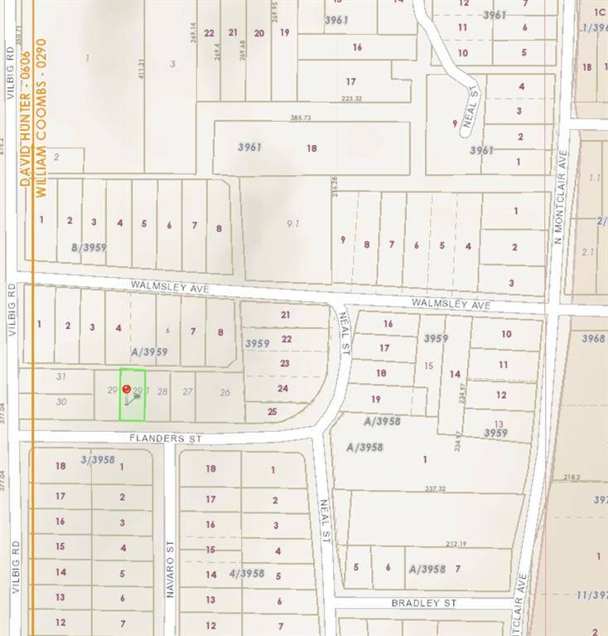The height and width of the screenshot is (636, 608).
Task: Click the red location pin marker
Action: [x=126, y=389]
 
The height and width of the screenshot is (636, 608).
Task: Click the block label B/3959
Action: [x=89, y=247]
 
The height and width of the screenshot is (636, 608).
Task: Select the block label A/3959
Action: [x=148, y=352]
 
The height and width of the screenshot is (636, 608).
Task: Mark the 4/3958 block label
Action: [x=246, y=573]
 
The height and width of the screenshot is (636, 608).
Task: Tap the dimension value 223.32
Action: [x=351, y=99]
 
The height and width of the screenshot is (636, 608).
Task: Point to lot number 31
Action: [x=60, y=376]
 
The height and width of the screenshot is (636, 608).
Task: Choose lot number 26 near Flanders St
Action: [x=224, y=392]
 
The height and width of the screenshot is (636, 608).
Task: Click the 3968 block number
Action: [x=593, y=338]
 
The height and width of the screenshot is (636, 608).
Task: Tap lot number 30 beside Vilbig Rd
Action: [x=60, y=401]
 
